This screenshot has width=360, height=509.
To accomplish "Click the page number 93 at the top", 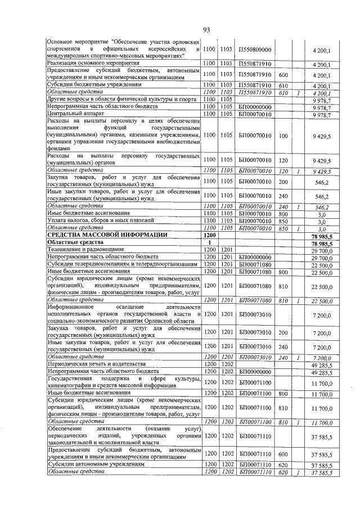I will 206,30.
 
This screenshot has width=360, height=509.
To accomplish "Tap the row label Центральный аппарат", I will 74,114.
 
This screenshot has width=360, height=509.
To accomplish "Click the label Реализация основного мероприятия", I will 92,64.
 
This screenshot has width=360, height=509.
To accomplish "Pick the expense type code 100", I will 283,136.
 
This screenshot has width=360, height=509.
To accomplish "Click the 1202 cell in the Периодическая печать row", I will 227,365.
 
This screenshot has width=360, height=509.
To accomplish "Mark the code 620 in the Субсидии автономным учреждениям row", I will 283,464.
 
